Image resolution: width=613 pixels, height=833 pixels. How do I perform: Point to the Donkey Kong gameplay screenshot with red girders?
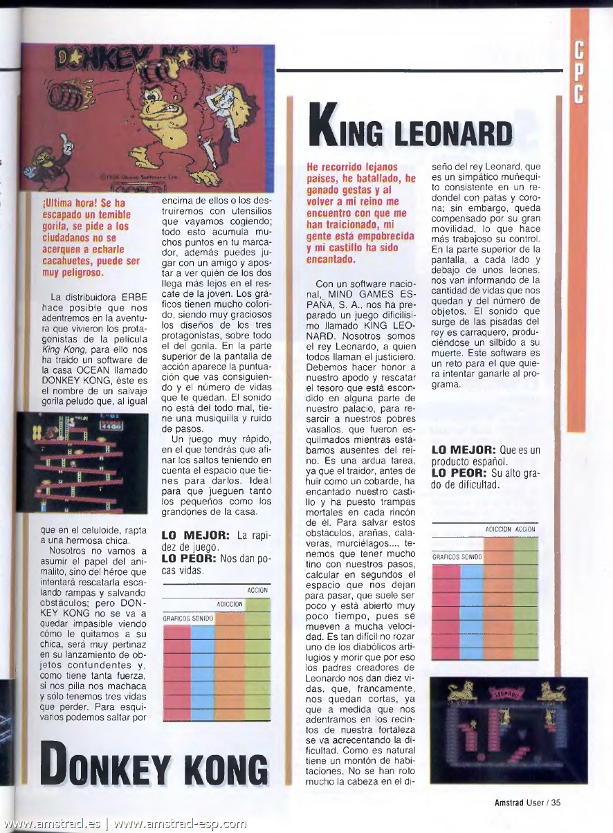click(x=82, y=463)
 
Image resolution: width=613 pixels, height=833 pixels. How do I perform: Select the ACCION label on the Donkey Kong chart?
click(x=258, y=591)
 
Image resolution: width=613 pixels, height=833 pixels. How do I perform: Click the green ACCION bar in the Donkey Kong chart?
click(x=258, y=664)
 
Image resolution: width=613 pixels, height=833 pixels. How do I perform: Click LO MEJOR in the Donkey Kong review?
click(x=190, y=535)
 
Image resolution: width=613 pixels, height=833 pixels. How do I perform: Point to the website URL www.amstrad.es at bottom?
click(x=52, y=824)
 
